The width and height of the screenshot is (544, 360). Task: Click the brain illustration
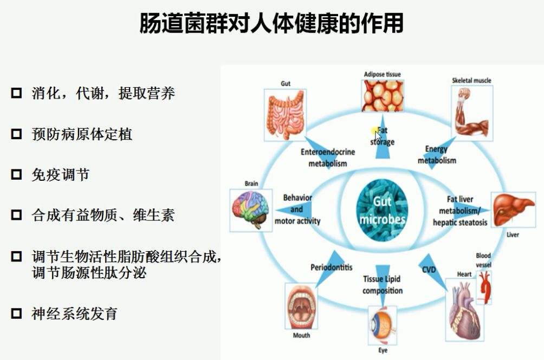(251, 210)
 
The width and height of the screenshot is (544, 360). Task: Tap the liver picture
(513, 210)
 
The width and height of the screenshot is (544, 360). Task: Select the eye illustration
(383, 325)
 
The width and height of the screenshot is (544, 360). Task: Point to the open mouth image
(301, 306)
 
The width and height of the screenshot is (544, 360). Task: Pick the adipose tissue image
(383, 96)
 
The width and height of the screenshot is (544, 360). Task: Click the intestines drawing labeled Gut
(285, 115)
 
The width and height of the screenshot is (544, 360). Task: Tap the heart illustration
(464, 310)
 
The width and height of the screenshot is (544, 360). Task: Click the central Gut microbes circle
(382, 210)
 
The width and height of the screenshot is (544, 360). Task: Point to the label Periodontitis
(331, 267)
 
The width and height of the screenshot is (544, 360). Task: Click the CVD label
(429, 269)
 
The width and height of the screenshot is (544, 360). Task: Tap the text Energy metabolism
(437, 154)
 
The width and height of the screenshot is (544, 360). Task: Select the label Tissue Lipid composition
(383, 285)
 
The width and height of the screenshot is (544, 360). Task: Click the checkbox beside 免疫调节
(16, 174)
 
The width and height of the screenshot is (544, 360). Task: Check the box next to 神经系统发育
(16, 313)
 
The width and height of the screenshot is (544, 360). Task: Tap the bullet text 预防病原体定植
(82, 134)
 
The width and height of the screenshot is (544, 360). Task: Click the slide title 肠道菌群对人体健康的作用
(271, 23)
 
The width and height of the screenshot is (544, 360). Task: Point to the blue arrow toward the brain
(294, 210)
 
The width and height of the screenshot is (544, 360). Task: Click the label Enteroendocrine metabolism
(327, 158)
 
